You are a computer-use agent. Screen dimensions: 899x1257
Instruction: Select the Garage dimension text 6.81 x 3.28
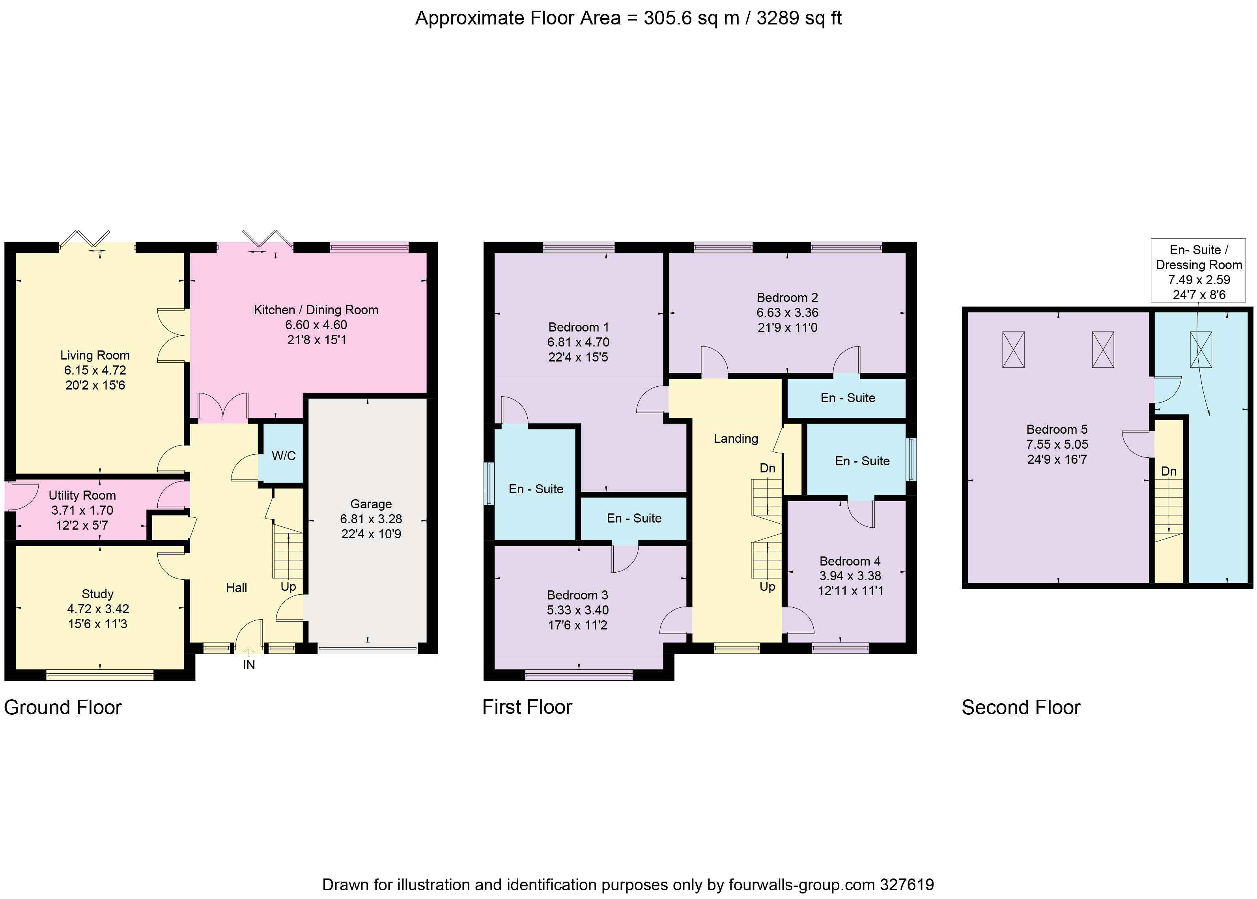(x=371, y=519)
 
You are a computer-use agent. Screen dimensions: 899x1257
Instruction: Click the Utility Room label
(x=82, y=495)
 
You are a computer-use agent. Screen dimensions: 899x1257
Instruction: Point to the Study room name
(x=97, y=594)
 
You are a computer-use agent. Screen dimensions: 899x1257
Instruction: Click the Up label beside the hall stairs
(x=288, y=586)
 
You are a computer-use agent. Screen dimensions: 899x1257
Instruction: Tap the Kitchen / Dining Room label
(x=316, y=310)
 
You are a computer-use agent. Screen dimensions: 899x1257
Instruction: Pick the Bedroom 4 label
(x=850, y=561)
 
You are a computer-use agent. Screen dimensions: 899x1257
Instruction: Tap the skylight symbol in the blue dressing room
(x=1201, y=349)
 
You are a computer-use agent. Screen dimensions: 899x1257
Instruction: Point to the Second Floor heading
(x=1021, y=708)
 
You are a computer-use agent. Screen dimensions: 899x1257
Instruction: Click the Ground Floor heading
(x=63, y=708)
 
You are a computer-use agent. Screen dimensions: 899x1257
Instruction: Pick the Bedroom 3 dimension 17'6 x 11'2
(x=577, y=625)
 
